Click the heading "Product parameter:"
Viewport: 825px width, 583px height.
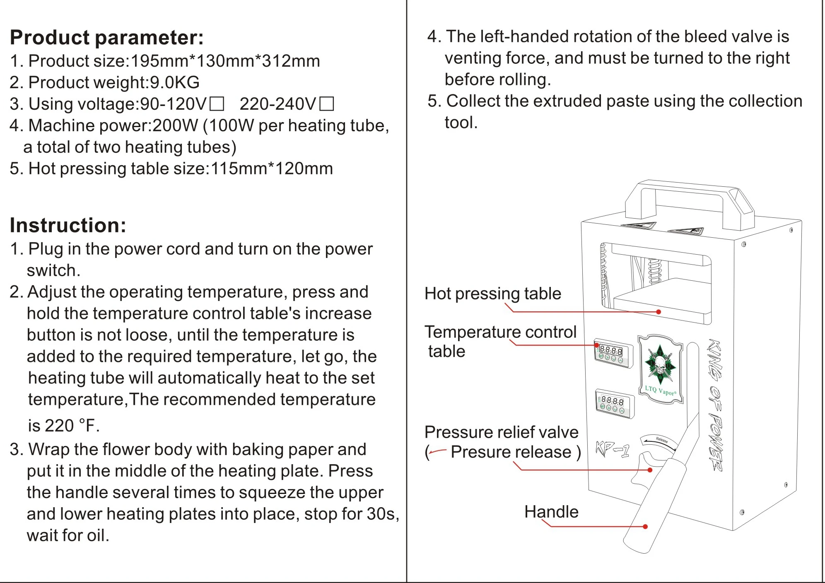click(107, 38)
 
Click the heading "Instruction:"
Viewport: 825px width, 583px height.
click(68, 225)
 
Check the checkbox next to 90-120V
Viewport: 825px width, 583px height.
click(217, 104)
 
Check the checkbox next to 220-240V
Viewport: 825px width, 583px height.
click(327, 104)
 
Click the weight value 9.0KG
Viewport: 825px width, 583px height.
click(174, 82)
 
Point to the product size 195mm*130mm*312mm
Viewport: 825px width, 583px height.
click(225, 61)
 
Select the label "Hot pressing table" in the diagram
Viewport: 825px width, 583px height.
click(492, 294)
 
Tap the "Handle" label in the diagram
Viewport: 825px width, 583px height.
click(551, 512)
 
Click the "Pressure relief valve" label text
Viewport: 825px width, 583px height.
click(501, 432)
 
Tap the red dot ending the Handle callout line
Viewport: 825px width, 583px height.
click(645, 527)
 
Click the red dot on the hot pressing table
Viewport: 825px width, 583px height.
click(659, 312)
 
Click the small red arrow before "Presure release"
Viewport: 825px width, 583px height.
click(437, 451)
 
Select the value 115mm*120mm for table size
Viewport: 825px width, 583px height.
click(272, 169)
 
